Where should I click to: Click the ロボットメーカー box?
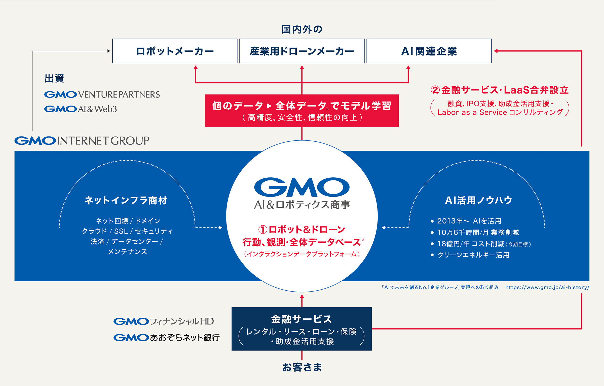coord(175,51)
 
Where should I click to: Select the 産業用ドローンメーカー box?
coord(302,51)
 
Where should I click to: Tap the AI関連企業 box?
coord(429,51)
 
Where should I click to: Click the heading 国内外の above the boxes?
coord(302,29)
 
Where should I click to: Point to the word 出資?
coord(54,78)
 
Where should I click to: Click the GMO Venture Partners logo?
coord(102,94)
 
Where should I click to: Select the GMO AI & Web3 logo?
coord(81,109)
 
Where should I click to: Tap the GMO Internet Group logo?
coord(82,140)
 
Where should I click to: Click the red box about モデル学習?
coord(302,111)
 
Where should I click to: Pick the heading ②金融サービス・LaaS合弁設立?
coord(500,90)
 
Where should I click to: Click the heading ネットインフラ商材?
coord(126,200)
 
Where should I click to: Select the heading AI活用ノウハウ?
coord(478,200)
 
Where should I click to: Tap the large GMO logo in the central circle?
coord(302,187)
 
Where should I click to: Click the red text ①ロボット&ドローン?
coord(302,229)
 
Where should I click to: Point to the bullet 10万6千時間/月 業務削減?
coord(478,232)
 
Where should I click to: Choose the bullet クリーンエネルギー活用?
coord(473,255)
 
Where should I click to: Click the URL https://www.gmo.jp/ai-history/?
coord(547,287)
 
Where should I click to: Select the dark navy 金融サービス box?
coord(301,329)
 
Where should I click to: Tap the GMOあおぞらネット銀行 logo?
coord(167,337)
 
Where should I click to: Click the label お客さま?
coord(302,367)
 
